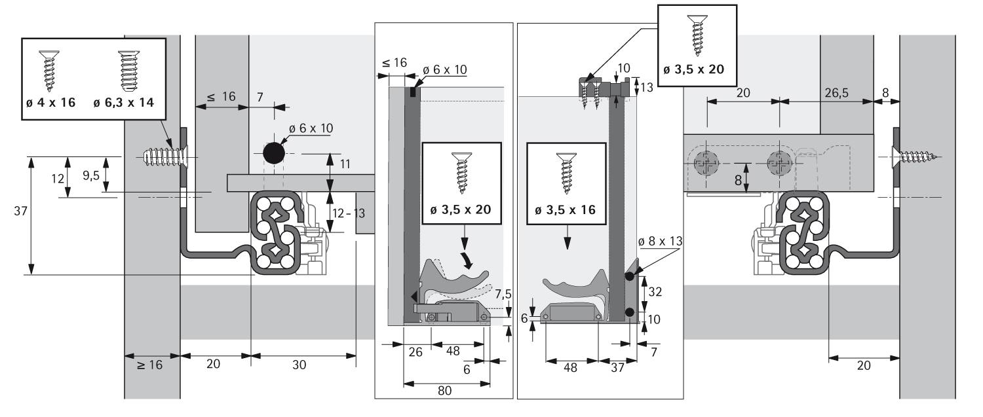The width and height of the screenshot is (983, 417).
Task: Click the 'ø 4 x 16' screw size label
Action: coord(49,103)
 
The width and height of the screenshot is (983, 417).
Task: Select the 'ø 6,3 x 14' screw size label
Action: coord(126,103)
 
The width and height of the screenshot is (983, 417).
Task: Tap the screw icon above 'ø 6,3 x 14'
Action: coord(126,71)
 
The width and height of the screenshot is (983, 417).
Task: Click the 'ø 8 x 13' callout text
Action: coord(660,241)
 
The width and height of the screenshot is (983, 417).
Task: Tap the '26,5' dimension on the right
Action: coord(836,92)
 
